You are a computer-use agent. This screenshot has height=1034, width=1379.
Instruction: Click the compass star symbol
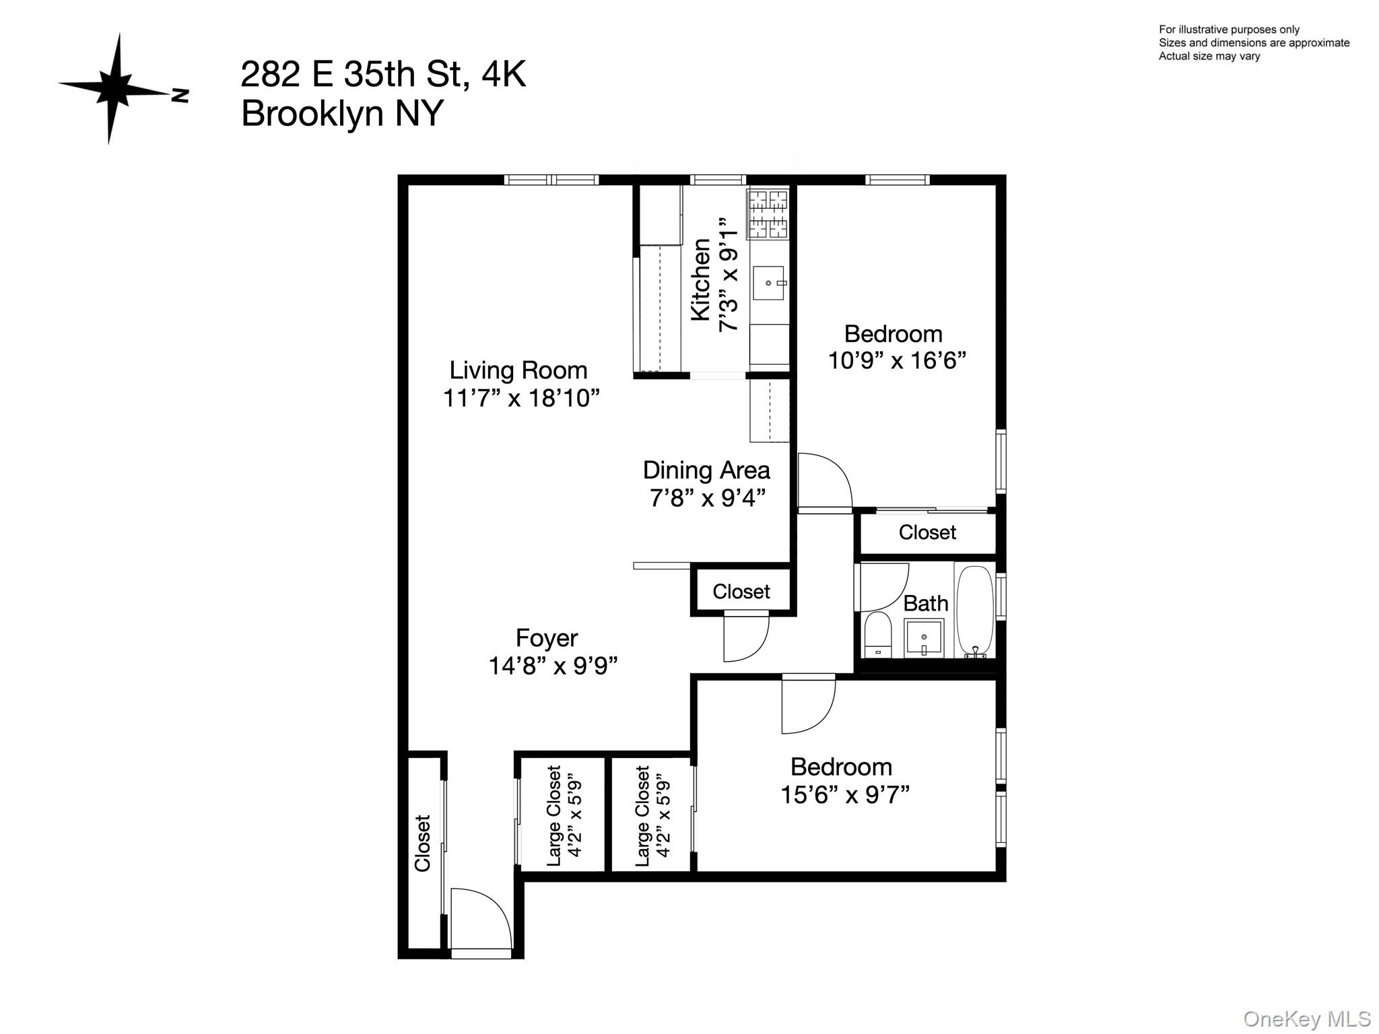click(116, 89)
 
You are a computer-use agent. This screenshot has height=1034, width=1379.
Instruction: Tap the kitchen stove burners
click(768, 214)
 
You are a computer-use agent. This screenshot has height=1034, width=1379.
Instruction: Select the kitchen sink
click(768, 283)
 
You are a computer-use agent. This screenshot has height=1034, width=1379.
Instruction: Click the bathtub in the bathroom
click(974, 611)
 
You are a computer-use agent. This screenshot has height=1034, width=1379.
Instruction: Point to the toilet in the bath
click(877, 635)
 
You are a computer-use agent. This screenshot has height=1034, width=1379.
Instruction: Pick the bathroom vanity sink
click(924, 637)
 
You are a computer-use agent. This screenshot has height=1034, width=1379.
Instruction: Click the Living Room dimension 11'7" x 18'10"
click(520, 399)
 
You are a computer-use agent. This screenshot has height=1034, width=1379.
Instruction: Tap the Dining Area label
click(706, 470)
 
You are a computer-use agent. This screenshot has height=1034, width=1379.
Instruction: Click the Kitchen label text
click(701, 279)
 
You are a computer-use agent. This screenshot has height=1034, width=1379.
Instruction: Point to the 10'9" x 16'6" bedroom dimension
click(896, 361)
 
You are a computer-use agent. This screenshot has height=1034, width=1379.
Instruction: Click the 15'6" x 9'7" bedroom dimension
click(844, 796)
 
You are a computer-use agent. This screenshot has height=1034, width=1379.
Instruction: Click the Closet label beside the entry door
click(422, 843)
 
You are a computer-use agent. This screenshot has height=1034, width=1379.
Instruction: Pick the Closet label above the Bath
click(927, 532)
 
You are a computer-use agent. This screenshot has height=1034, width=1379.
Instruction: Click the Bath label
click(925, 604)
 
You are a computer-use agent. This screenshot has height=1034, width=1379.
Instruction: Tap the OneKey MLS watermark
click(1307, 1019)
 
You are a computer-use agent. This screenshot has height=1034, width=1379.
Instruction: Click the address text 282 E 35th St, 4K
click(383, 74)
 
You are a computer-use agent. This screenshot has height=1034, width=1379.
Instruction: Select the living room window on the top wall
click(551, 180)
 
